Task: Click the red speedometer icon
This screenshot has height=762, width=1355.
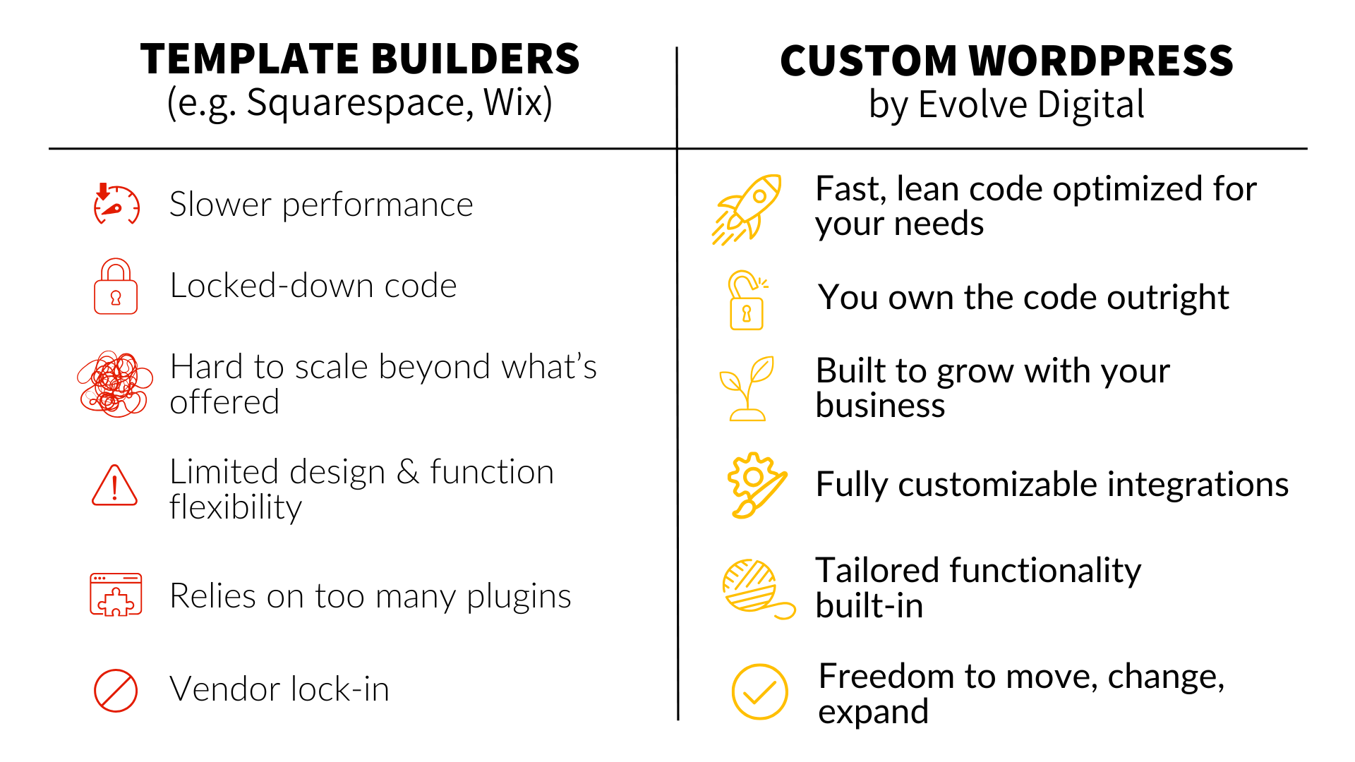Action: [x=116, y=205]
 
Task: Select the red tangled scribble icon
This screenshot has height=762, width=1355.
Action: [x=114, y=384]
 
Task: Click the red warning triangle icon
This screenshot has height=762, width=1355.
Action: [x=114, y=485]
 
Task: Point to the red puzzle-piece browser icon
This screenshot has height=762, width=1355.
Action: [x=116, y=594]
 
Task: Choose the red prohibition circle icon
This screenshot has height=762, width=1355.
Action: [x=116, y=691]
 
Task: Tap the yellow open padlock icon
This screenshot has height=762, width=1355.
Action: [x=747, y=300]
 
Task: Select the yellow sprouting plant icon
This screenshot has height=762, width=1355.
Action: [x=747, y=389]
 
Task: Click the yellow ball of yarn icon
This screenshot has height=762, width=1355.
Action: [x=758, y=589]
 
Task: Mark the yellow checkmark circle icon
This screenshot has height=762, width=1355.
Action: [x=759, y=691]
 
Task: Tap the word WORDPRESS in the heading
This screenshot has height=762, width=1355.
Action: [x=1100, y=61]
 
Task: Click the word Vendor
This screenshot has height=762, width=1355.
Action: [x=224, y=689]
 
